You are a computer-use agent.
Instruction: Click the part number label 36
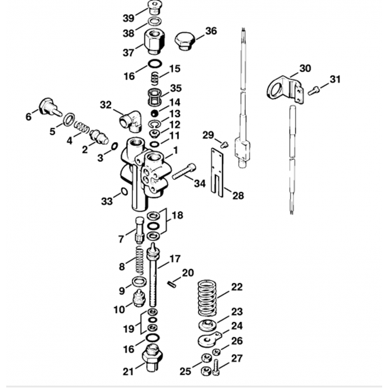click(211, 31)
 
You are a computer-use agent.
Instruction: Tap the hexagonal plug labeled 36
click(184, 42)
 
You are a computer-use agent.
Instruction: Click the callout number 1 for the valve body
click(175, 149)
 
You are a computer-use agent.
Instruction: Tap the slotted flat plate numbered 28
click(218, 171)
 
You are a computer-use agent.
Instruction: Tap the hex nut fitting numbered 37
click(154, 42)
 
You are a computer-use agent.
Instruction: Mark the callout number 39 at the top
click(128, 18)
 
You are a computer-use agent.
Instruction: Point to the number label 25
click(185, 371)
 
